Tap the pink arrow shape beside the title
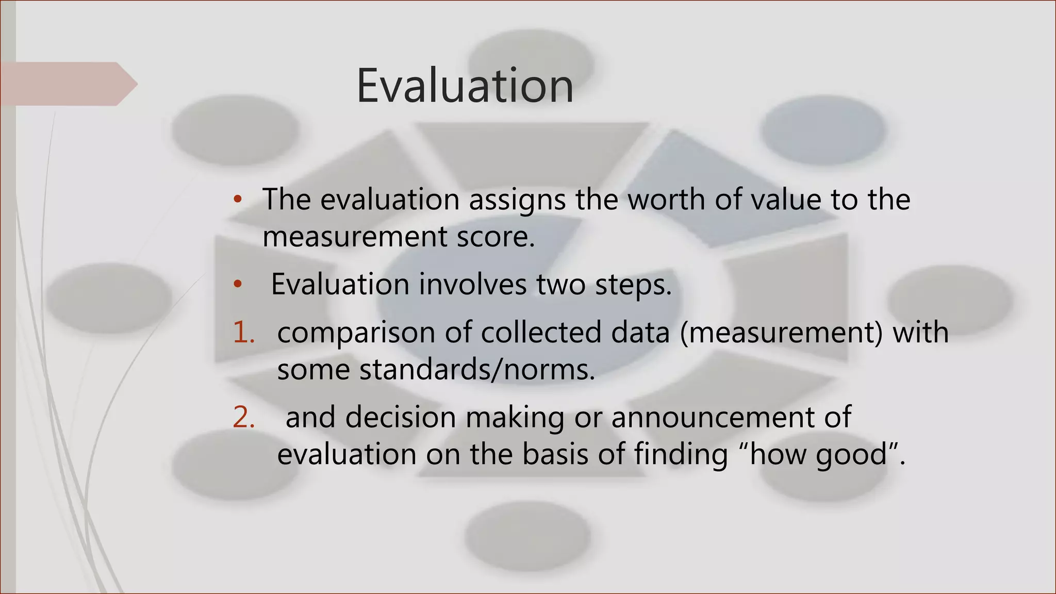pos(69,84)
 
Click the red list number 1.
pos(243,332)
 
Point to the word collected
pos(541,332)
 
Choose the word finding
pos(681,455)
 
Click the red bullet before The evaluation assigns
pos(237,200)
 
